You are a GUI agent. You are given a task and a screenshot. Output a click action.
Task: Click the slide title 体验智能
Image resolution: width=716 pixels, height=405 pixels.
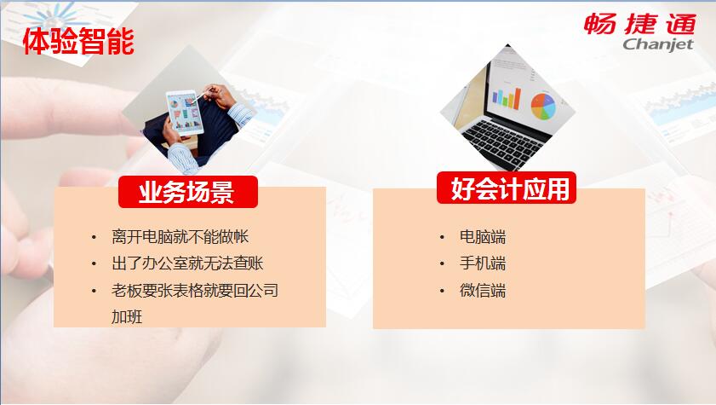78,41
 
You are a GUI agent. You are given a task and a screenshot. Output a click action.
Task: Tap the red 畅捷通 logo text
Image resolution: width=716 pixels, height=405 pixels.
639,24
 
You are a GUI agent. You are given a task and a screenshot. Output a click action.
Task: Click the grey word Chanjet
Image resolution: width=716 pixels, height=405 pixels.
658,45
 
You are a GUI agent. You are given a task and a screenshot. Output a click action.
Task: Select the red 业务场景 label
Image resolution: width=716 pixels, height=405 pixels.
187,192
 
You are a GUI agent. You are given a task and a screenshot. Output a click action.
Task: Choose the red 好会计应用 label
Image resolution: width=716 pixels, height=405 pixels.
507,188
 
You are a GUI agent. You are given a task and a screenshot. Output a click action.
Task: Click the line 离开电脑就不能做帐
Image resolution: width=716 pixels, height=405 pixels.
180,237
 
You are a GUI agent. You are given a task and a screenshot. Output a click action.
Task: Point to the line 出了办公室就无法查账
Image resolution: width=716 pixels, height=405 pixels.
187,263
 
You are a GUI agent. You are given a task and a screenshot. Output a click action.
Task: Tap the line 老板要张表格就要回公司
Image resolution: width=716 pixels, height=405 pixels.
195,290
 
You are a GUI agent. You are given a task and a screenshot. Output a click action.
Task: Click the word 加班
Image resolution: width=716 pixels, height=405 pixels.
127,317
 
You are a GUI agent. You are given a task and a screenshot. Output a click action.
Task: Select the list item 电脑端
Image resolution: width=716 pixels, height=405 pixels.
483,237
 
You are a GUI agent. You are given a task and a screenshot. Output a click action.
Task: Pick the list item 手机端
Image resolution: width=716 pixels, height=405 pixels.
483,263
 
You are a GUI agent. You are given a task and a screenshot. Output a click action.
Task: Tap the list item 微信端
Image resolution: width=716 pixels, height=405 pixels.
483,290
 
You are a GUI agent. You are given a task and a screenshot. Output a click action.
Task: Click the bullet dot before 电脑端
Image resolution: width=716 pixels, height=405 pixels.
442,237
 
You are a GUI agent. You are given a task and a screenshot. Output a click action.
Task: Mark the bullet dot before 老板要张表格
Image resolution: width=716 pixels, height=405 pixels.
94,291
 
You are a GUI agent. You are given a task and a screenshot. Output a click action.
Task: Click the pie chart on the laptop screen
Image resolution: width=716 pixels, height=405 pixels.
543,106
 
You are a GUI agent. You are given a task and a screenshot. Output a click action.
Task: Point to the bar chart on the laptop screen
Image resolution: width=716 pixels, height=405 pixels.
506,97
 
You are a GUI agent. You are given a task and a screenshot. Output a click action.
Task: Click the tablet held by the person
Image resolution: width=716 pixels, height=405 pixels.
185,113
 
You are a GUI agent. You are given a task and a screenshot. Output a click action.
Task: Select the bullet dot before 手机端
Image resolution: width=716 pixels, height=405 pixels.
442,263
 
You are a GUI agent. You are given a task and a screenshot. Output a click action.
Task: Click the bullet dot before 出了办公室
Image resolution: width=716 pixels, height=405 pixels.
94,263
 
